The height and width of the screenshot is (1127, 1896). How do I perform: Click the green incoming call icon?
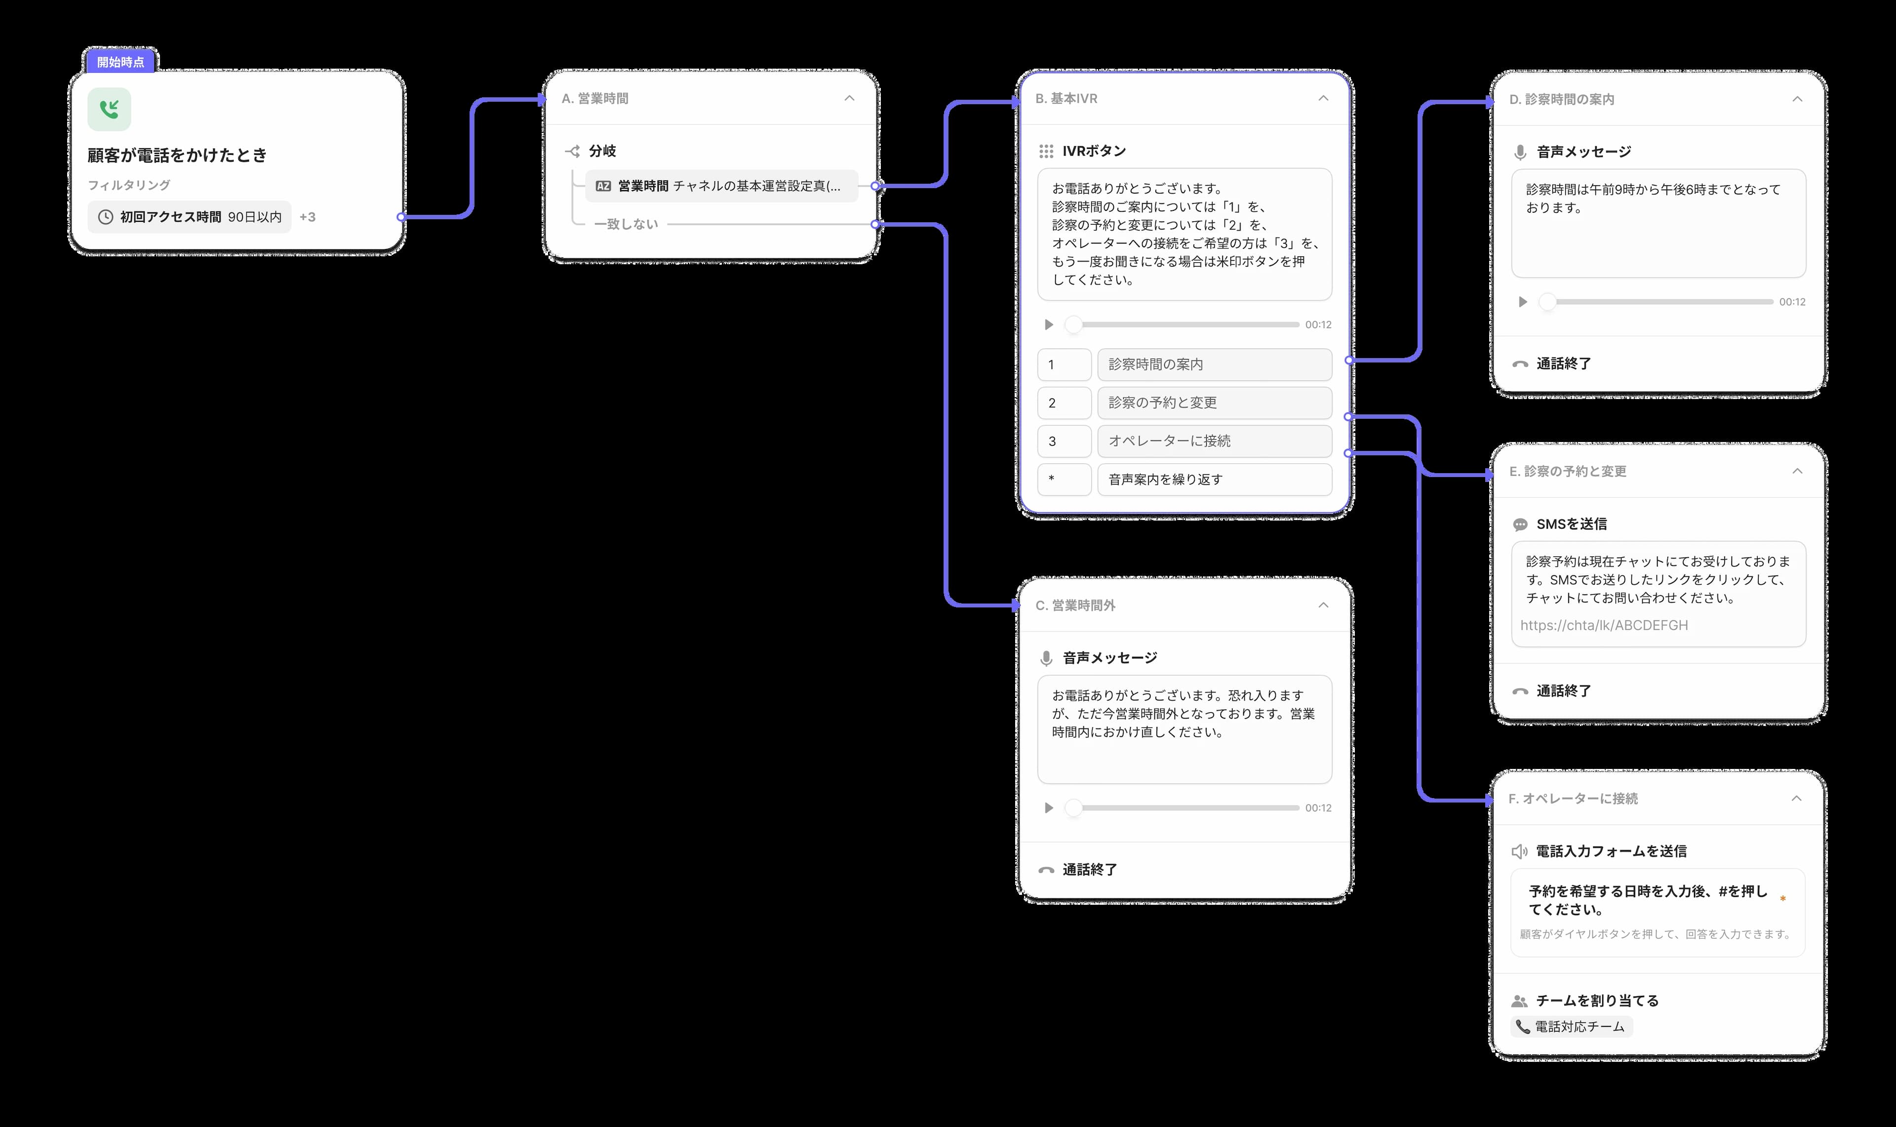(109, 109)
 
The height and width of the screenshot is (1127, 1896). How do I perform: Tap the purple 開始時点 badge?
(120, 62)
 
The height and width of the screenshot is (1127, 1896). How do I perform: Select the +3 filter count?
(308, 217)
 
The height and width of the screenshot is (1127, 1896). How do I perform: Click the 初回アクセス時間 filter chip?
(190, 217)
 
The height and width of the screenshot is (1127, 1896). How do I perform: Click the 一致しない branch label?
(626, 224)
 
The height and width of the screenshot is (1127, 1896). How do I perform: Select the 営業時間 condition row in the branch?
(721, 186)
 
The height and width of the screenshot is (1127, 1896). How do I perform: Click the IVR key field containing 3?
(1064, 441)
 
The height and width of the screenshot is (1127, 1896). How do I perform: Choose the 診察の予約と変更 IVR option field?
(1215, 402)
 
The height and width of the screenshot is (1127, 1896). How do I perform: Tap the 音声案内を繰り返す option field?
(1215, 479)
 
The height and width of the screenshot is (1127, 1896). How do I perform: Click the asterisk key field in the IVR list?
(1064, 479)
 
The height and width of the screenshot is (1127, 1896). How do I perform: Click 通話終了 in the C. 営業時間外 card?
(1090, 870)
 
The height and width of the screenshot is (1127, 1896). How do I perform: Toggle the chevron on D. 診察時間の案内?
(1797, 99)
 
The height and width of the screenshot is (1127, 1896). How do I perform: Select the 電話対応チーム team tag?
(1572, 1027)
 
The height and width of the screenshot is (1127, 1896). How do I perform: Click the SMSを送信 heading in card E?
(1571, 524)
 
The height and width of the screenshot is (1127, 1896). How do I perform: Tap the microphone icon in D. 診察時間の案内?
(1520, 152)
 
